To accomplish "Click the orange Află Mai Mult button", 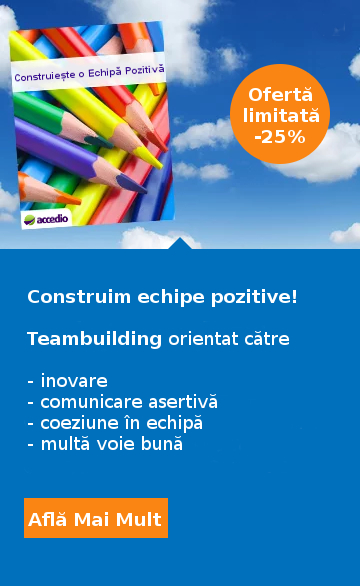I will coord(95,519).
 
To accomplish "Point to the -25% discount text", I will coord(281,136).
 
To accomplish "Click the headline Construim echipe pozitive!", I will coord(162,297).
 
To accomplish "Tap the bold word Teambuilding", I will coord(94,339).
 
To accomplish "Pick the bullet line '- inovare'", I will coord(67,381).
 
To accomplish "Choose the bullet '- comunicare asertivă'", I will coord(122,402).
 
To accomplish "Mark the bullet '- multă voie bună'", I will coord(105,443).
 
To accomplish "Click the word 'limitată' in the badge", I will coord(281,115).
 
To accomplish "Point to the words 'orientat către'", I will coord(228,339).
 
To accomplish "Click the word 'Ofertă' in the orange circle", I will coord(281,95).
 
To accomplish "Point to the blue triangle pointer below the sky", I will coord(180,243).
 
